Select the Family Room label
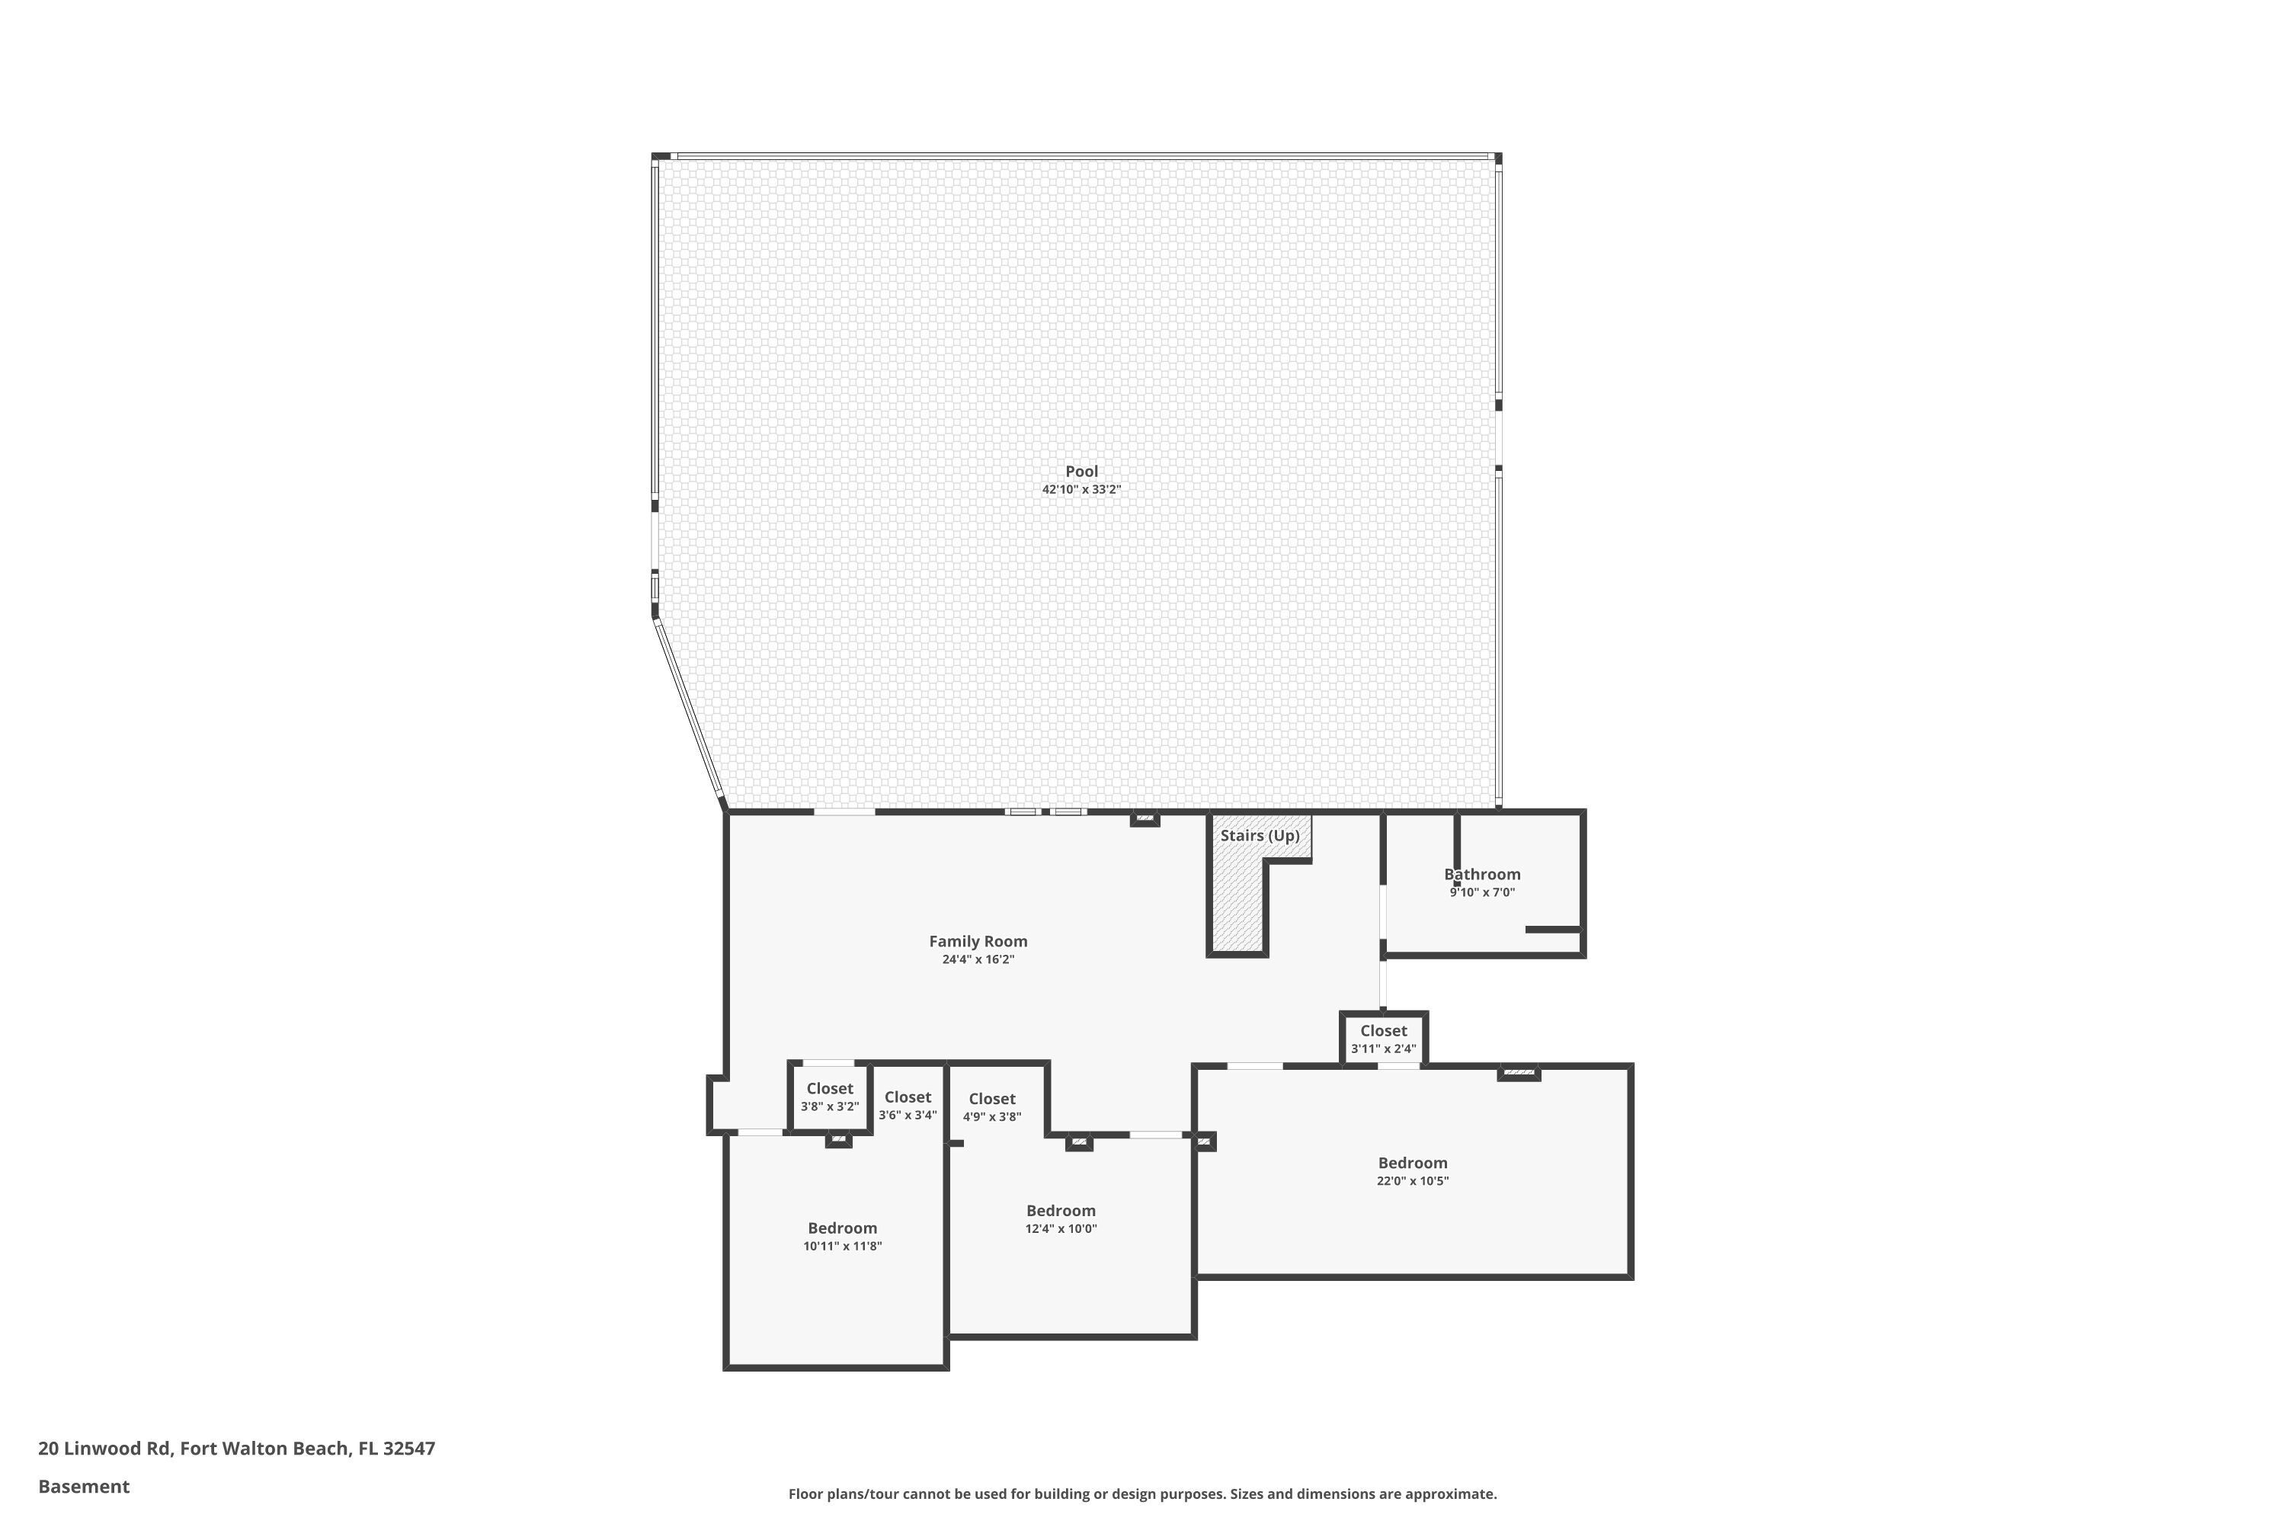[x=978, y=941]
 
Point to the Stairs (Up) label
[x=1260, y=836]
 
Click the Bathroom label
[x=1481, y=874]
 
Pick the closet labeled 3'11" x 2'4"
[x=1383, y=1039]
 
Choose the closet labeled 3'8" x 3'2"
[x=829, y=1097]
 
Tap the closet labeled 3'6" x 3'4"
[x=908, y=1105]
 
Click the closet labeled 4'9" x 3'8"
[x=991, y=1107]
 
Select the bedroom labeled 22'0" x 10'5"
[x=1412, y=1170]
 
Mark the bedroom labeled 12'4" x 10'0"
[x=1061, y=1218]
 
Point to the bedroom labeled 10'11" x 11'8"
[x=842, y=1235]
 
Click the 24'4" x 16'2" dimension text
[x=978, y=959]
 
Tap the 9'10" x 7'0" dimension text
[x=1481, y=892]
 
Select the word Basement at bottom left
[x=84, y=1486]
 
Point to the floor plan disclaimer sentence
[x=1142, y=1494]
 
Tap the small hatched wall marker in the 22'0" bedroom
[x=1518, y=1073]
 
